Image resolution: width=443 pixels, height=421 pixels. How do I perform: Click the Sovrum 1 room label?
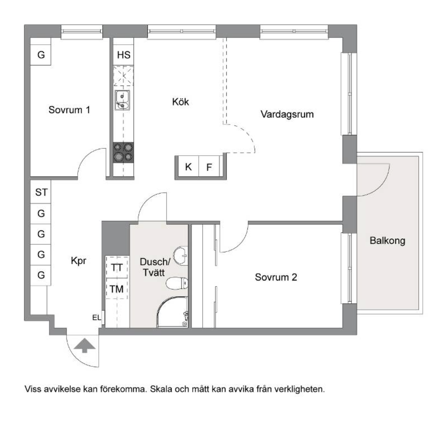pyautogui.click(x=69, y=110)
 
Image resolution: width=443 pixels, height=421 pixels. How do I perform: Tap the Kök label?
pyautogui.click(x=180, y=102)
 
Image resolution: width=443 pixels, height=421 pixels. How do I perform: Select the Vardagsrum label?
pyautogui.click(x=287, y=115)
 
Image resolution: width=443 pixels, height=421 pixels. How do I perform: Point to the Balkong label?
pyautogui.click(x=387, y=241)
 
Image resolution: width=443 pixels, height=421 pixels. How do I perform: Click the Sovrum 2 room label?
pyautogui.click(x=276, y=277)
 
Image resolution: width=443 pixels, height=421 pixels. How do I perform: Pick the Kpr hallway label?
pyautogui.click(x=79, y=261)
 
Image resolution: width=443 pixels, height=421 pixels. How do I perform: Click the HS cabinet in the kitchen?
pyautogui.click(x=124, y=55)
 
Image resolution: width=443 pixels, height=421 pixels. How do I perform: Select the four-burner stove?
pyautogui.click(x=123, y=152)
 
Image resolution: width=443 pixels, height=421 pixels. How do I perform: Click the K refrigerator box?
pyautogui.click(x=188, y=167)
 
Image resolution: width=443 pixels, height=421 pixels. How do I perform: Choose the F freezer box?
pyautogui.click(x=209, y=167)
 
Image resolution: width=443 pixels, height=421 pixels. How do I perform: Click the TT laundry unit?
pyautogui.click(x=117, y=268)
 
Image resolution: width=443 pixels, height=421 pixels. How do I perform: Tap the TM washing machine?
pyautogui.click(x=117, y=289)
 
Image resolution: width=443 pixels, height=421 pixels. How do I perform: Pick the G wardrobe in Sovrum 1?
pyautogui.click(x=41, y=55)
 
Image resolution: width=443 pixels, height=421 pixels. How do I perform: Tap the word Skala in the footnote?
pyautogui.click(x=161, y=389)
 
